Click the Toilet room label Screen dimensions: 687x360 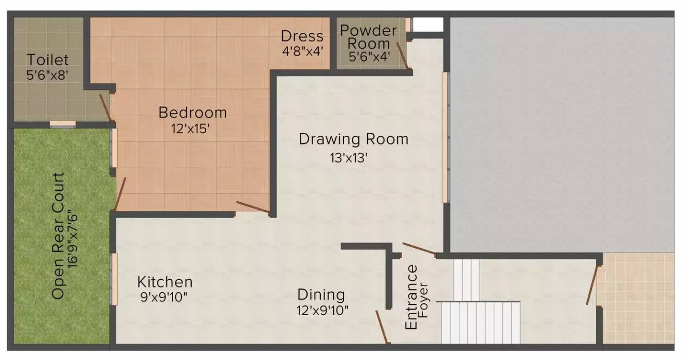(x=48, y=60)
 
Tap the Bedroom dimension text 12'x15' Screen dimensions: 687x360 (x=190, y=129)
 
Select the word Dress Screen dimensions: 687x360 (x=302, y=36)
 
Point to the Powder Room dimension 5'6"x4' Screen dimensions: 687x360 (x=369, y=57)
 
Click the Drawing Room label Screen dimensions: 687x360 (x=354, y=139)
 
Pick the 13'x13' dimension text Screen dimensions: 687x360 (x=349, y=158)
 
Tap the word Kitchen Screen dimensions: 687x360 (x=165, y=282)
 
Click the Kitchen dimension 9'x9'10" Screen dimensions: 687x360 (x=164, y=297)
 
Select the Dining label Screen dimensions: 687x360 (x=321, y=295)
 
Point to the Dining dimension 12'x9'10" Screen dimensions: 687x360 (x=322, y=311)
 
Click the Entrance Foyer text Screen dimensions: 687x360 (x=416, y=297)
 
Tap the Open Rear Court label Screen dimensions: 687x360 (x=58, y=236)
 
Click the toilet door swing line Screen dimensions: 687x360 (x=105, y=107)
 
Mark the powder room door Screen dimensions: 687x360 (x=402, y=56)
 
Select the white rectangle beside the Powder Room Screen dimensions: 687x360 (x=427, y=24)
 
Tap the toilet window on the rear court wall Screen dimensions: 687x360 (x=63, y=124)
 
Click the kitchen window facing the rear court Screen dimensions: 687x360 (x=114, y=279)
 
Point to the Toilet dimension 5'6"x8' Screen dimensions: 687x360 (x=47, y=75)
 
